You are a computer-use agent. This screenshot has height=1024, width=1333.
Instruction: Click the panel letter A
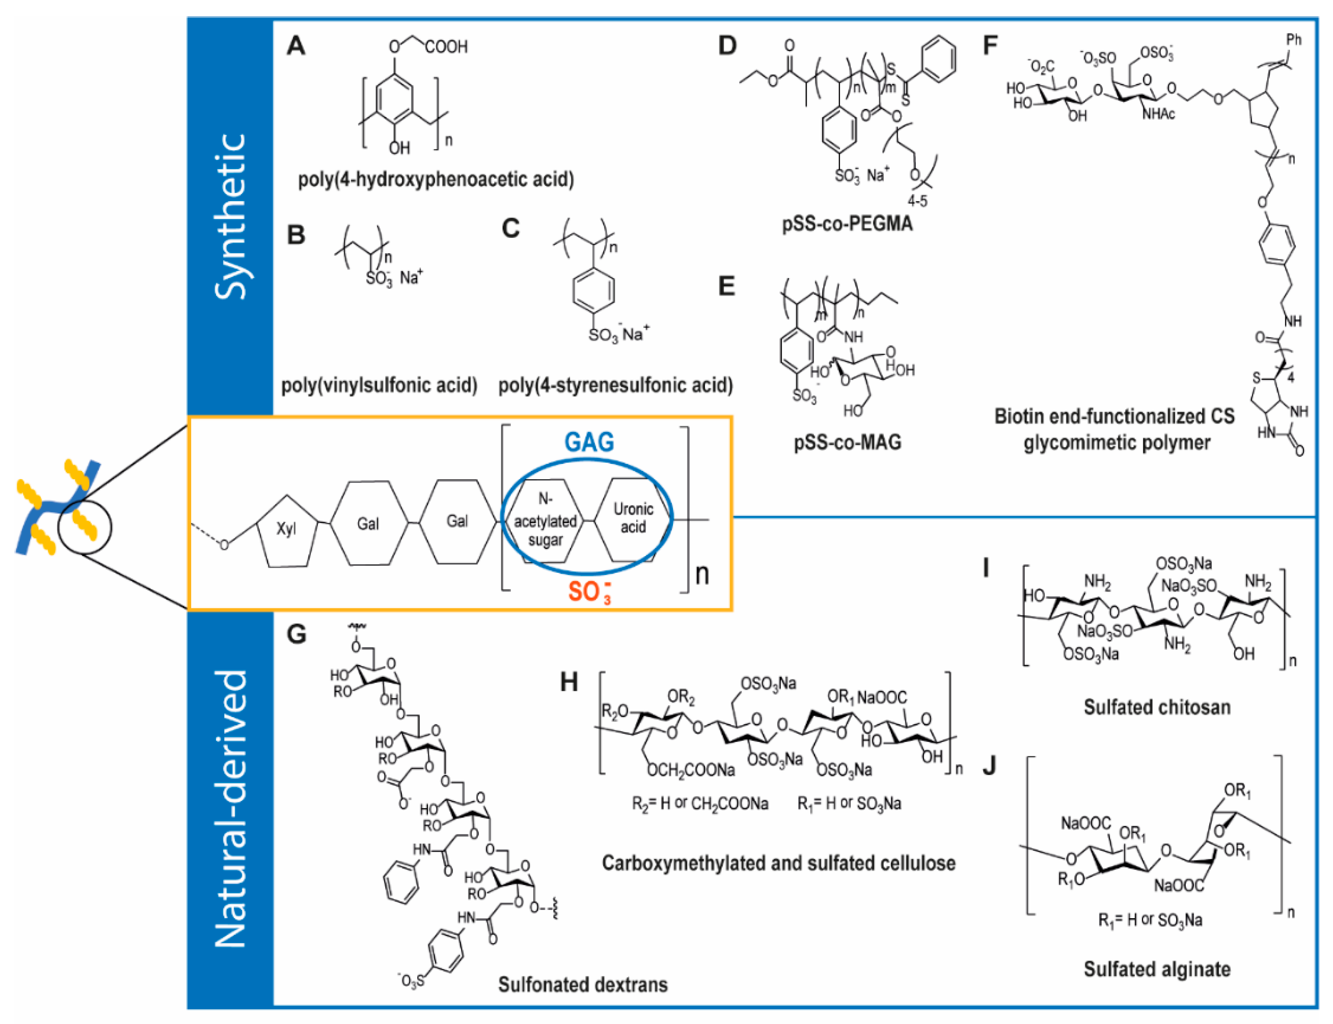coord(296,46)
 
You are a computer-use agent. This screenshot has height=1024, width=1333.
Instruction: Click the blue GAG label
coord(589,442)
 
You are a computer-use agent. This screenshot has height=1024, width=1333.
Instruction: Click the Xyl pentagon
coord(286,529)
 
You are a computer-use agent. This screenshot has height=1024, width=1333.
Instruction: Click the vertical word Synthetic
coord(230,216)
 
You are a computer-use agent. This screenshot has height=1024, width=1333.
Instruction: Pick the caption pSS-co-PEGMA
coord(847,224)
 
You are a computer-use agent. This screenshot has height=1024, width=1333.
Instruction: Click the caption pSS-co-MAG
coord(847,442)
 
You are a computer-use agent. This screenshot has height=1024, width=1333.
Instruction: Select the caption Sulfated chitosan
coord(1156,707)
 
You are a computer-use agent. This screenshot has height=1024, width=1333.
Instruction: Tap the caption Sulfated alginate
coord(1156,969)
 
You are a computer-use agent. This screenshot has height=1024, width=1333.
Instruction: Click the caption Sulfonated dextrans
coord(583,984)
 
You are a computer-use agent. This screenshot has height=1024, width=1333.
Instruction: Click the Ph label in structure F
coord(1293,40)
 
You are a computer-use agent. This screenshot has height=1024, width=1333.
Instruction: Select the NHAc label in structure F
coord(1158,114)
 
